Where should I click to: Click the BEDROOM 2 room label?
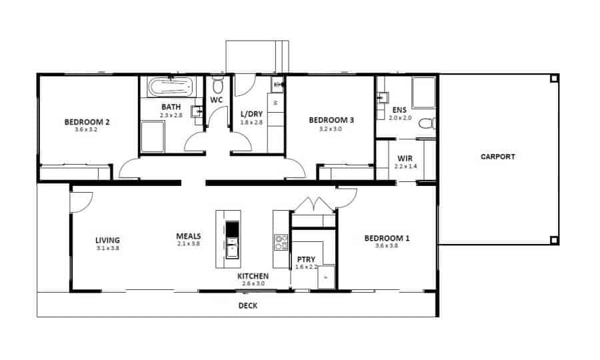click(x=87, y=123)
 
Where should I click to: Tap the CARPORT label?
click(x=497, y=157)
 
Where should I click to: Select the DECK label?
click(x=247, y=306)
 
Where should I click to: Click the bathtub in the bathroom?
click(x=172, y=87)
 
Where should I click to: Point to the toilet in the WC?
click(x=217, y=85)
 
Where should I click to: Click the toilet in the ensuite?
click(x=427, y=123)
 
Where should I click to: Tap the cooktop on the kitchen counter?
click(x=281, y=242)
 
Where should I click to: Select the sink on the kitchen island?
click(x=232, y=247)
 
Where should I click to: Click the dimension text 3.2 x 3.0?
click(x=330, y=129)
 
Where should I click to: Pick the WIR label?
click(x=405, y=159)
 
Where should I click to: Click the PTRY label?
click(x=306, y=259)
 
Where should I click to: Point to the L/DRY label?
click(x=251, y=114)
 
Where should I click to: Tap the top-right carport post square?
click(x=554, y=79)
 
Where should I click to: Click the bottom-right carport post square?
click(x=554, y=240)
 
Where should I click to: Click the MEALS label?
click(x=189, y=236)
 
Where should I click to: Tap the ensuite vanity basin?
click(x=382, y=97)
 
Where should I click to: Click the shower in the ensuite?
click(x=423, y=93)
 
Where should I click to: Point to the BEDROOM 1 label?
click(x=387, y=239)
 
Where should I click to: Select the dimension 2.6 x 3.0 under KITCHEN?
click(x=253, y=283)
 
